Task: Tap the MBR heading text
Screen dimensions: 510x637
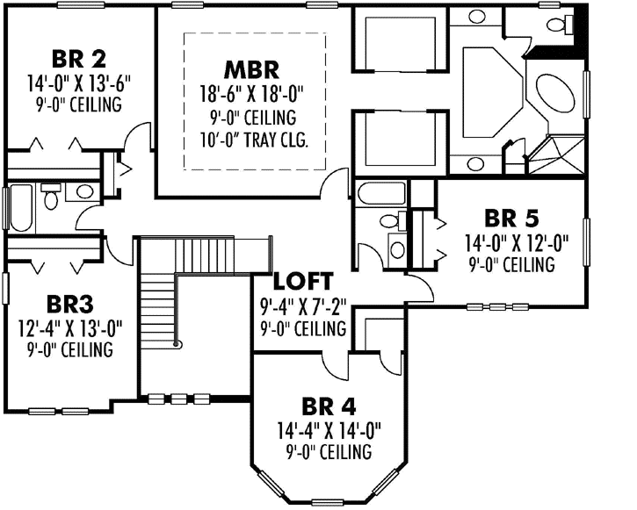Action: point(251,68)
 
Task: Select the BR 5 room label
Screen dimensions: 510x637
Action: point(511,218)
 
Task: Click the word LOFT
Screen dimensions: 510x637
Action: point(302,282)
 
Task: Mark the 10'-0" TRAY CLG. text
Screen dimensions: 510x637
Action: point(252,140)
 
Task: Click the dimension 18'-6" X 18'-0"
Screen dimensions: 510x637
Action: point(252,93)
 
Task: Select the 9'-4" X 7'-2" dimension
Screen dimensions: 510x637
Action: point(304,306)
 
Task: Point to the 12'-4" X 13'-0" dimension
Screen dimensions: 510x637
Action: point(70,328)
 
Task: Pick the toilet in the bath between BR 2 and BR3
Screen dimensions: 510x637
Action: point(52,198)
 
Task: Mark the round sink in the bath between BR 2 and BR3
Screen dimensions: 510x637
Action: point(84,191)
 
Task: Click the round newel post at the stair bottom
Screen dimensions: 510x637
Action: point(177,345)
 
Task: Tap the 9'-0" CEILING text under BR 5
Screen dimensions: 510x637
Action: point(511,264)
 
